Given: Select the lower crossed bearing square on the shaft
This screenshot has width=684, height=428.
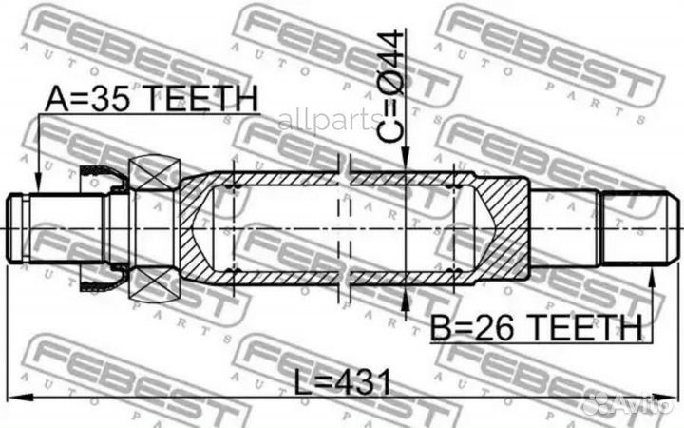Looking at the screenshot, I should pyautogui.click(x=154, y=282).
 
